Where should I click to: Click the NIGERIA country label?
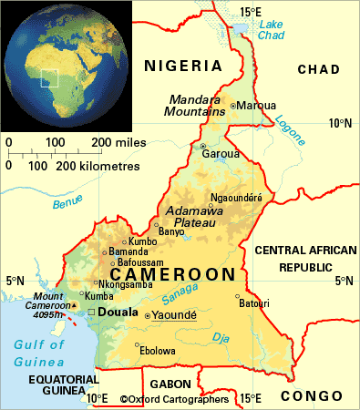pyautogui.click(x=182, y=66)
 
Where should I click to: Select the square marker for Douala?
pyautogui.click(x=90, y=313)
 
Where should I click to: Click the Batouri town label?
pyautogui.click(x=253, y=303)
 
